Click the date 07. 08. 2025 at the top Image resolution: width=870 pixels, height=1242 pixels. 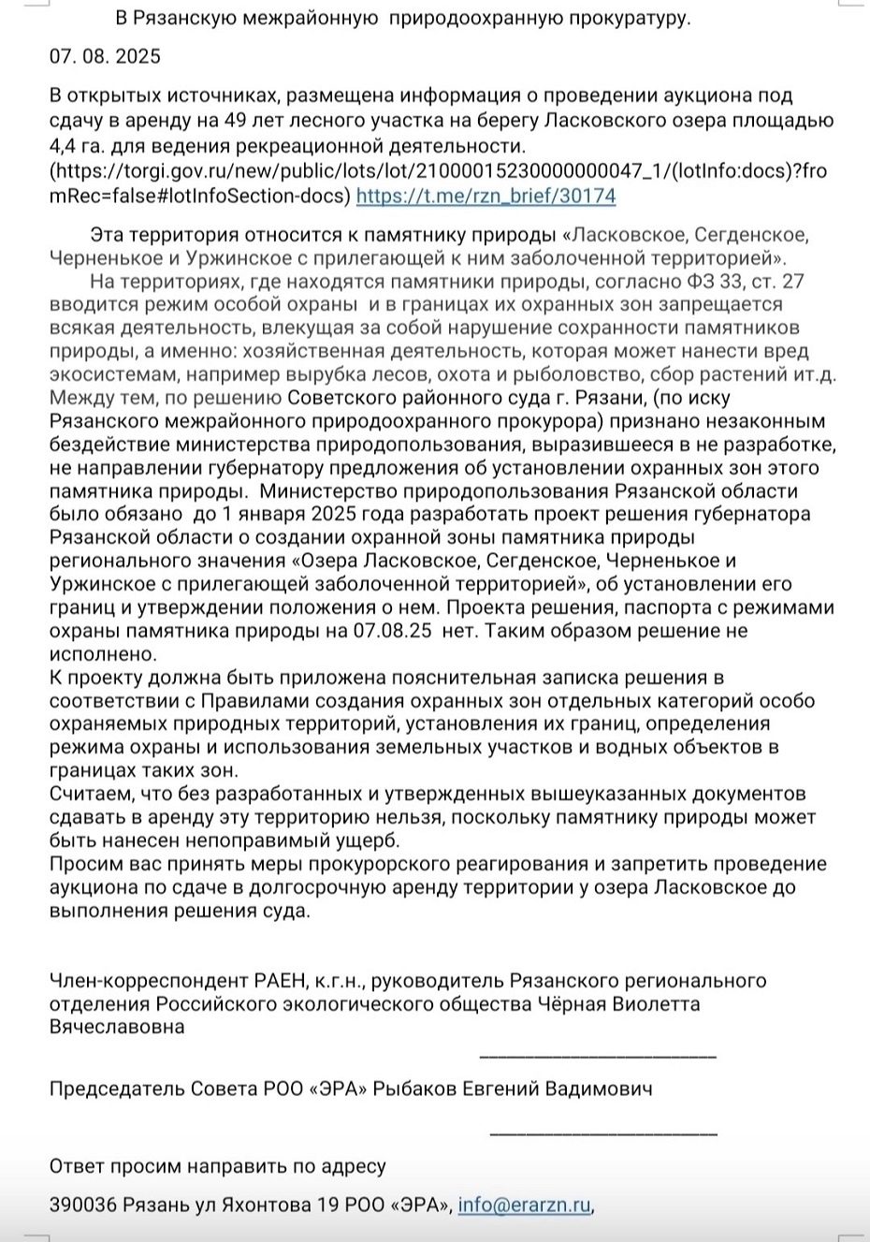pyautogui.click(x=105, y=56)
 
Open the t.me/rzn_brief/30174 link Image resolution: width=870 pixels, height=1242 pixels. pyautogui.click(x=486, y=197)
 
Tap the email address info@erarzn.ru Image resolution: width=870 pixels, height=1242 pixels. pyautogui.click(x=524, y=1205)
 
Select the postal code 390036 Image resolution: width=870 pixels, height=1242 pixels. pyautogui.click(x=83, y=1205)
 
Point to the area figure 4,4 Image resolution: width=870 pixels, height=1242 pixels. pyautogui.click(x=64, y=146)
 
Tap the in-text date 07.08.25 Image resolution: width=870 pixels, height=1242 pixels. pyautogui.click(x=392, y=631)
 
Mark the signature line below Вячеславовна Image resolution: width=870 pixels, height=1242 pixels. pyautogui.click(x=598, y=1057)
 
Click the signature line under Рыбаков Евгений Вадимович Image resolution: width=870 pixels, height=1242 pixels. pyautogui.click(x=603, y=1133)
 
